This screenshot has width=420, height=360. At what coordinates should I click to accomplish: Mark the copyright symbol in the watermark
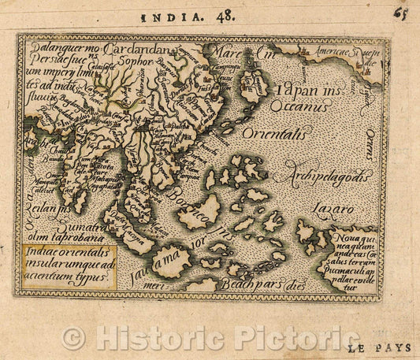[x=73, y=339]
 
